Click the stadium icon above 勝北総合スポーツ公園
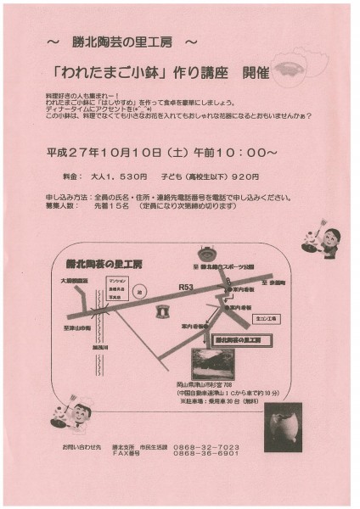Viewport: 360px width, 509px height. [x=205, y=253]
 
